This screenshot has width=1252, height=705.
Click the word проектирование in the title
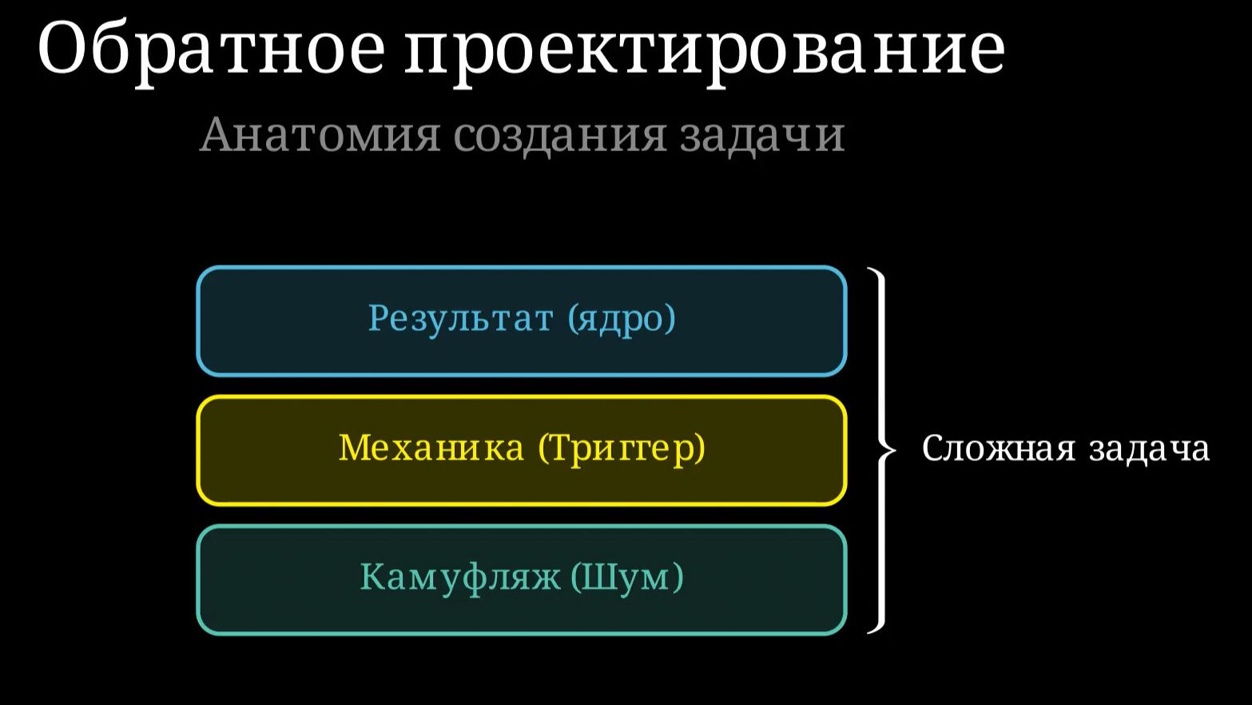pyautogui.click(x=704, y=50)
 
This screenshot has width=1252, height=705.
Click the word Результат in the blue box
pyautogui.click(x=460, y=318)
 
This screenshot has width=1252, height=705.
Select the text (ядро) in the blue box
pyautogui.click(x=622, y=318)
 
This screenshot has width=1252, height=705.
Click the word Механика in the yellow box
pyautogui.click(x=431, y=448)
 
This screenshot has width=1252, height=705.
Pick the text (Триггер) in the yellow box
pyautogui.click(x=622, y=448)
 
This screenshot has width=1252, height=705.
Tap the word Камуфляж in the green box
pyautogui.click(x=460, y=577)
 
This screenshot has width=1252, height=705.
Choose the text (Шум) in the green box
pyautogui.click(x=627, y=577)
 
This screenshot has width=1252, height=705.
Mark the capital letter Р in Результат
pyautogui.click(x=377, y=318)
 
